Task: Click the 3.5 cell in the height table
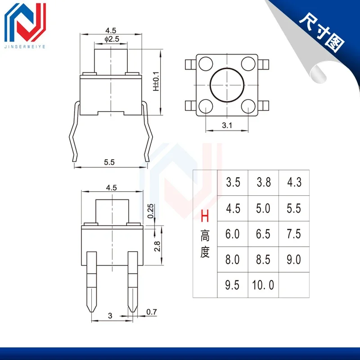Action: (x=233, y=183)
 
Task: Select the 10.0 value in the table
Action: (x=264, y=285)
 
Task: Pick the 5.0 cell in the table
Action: (x=264, y=208)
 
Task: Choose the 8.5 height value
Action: (x=264, y=260)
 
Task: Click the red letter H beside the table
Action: (x=205, y=218)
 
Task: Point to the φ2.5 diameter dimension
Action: (x=111, y=40)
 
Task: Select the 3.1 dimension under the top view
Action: (x=227, y=126)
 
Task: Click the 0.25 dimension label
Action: (x=151, y=210)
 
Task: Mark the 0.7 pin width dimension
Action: (x=152, y=311)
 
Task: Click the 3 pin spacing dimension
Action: (x=110, y=316)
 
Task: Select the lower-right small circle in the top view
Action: (x=247, y=106)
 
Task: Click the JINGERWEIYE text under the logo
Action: (x=26, y=46)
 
